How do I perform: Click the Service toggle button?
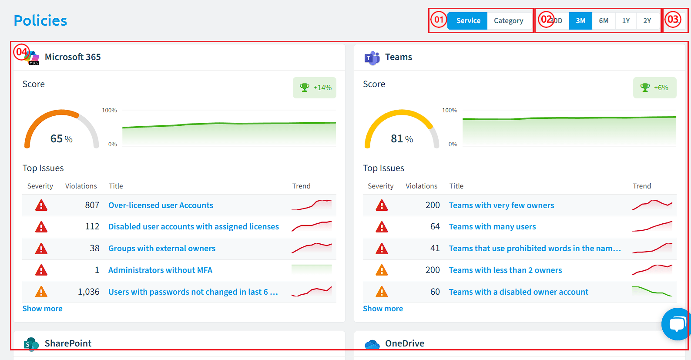[x=467, y=20]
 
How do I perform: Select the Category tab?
[x=508, y=20]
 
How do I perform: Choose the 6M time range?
[x=604, y=20]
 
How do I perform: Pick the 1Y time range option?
[x=626, y=20]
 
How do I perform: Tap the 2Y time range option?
[x=647, y=20]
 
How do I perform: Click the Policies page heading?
[x=40, y=20]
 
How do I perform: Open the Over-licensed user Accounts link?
[x=161, y=205]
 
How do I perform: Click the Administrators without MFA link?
[x=160, y=270]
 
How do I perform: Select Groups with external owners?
[x=161, y=248]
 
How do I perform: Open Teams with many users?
[x=492, y=227]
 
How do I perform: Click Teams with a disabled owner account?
[x=519, y=292]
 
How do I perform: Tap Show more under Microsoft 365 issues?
[x=42, y=309]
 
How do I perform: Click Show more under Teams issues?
[x=383, y=309]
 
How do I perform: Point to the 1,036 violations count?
[x=88, y=292]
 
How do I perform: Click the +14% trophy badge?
[x=314, y=87]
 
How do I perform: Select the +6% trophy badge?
[x=654, y=87]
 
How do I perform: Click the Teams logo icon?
[x=372, y=58]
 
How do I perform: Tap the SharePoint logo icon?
[x=31, y=344]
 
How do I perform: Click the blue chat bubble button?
[x=676, y=324]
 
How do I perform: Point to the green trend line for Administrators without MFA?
[x=312, y=265]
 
